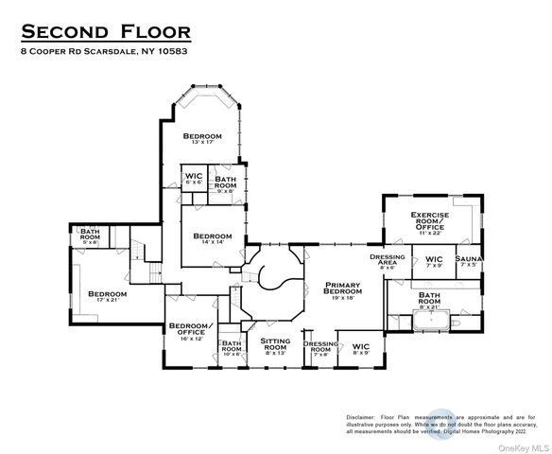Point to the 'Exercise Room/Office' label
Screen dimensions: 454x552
(429, 223)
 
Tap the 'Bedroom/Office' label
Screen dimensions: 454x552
(187, 331)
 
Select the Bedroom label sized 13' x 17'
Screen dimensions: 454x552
(203, 138)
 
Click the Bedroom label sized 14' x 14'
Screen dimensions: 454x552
(213, 238)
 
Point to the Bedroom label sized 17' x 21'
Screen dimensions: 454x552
(107, 297)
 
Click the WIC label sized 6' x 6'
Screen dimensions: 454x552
(194, 179)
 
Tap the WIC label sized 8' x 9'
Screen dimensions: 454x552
(361, 348)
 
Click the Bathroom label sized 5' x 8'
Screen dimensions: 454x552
(90, 235)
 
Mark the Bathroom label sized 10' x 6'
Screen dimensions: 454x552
(232, 348)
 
